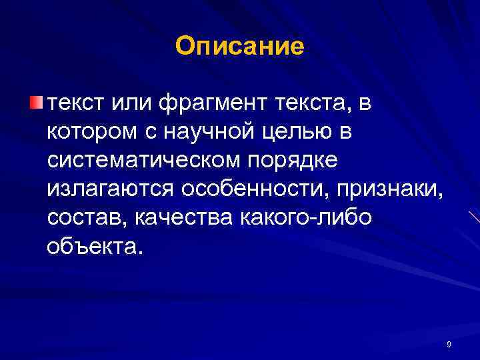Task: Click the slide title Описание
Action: point(239,46)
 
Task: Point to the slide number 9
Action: point(449,344)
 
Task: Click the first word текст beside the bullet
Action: point(77,104)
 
